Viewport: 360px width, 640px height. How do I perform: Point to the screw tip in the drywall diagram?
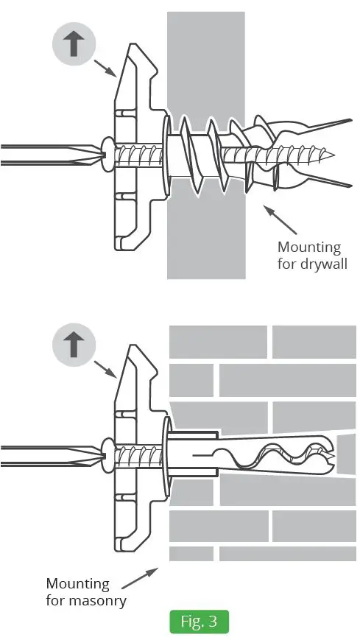coord(333,155)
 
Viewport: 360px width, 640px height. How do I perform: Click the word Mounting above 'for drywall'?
coord(309,247)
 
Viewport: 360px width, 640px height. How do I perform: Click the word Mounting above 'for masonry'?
coord(78,584)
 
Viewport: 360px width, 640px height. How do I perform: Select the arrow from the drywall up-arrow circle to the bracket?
coord(105,68)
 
